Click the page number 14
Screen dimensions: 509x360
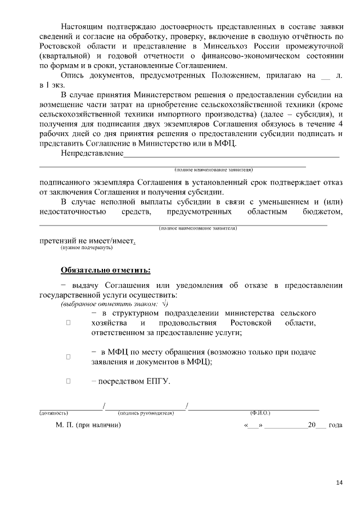coord(339,482)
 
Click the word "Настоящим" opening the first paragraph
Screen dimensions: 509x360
coord(80,27)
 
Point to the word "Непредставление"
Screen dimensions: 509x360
coord(92,153)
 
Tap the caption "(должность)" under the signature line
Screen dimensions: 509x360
coord(54,413)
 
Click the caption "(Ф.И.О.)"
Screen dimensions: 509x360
coord(260,413)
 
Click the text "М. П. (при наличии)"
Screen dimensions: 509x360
coord(89,425)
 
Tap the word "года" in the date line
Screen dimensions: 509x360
coord(335,425)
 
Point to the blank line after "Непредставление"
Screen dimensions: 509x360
coord(231,154)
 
